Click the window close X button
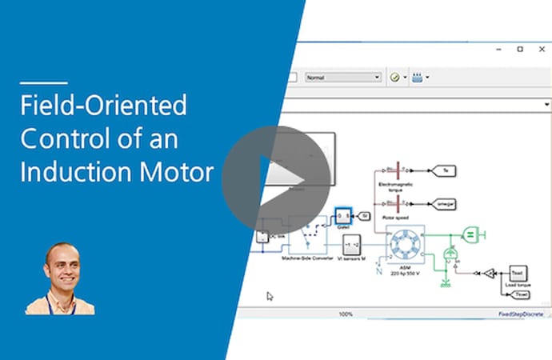(542, 49)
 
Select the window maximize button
(520, 49)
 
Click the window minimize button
(497, 49)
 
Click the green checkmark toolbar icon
(394, 78)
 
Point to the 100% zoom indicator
(346, 314)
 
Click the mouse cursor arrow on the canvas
(270, 296)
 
